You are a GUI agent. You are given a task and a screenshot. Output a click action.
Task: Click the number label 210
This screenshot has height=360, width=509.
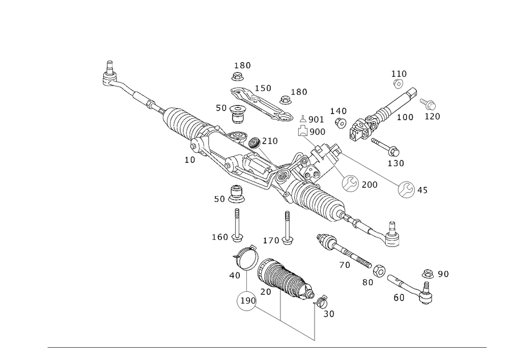pos(271,141)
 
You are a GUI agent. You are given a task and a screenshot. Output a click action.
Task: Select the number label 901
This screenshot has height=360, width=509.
pos(317,119)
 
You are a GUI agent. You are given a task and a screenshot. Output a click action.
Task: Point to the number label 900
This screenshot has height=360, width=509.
pos(317,131)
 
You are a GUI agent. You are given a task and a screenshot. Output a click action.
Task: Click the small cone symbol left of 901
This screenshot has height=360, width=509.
pos(302,119)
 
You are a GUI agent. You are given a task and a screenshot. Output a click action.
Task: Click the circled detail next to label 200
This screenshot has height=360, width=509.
pos(350,184)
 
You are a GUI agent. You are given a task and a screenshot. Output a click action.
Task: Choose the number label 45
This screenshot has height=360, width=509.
pos(422,190)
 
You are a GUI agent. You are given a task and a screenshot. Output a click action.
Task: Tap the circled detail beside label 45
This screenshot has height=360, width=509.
pos(406,190)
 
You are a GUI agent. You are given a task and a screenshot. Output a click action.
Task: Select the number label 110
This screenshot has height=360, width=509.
pos(399,73)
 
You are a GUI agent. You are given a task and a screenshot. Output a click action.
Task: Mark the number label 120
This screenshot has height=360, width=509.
pos(432,117)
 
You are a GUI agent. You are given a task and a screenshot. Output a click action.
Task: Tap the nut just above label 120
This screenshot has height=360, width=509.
pos(429,105)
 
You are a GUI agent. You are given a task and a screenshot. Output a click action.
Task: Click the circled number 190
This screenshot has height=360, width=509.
pos(247,301)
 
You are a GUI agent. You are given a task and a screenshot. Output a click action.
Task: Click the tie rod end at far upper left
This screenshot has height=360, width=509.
pos(108,77)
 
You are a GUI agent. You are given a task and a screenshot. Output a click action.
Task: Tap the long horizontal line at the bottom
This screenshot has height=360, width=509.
pos(267,348)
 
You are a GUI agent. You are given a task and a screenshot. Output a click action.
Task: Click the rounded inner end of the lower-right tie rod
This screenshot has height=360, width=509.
pos(326,240)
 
